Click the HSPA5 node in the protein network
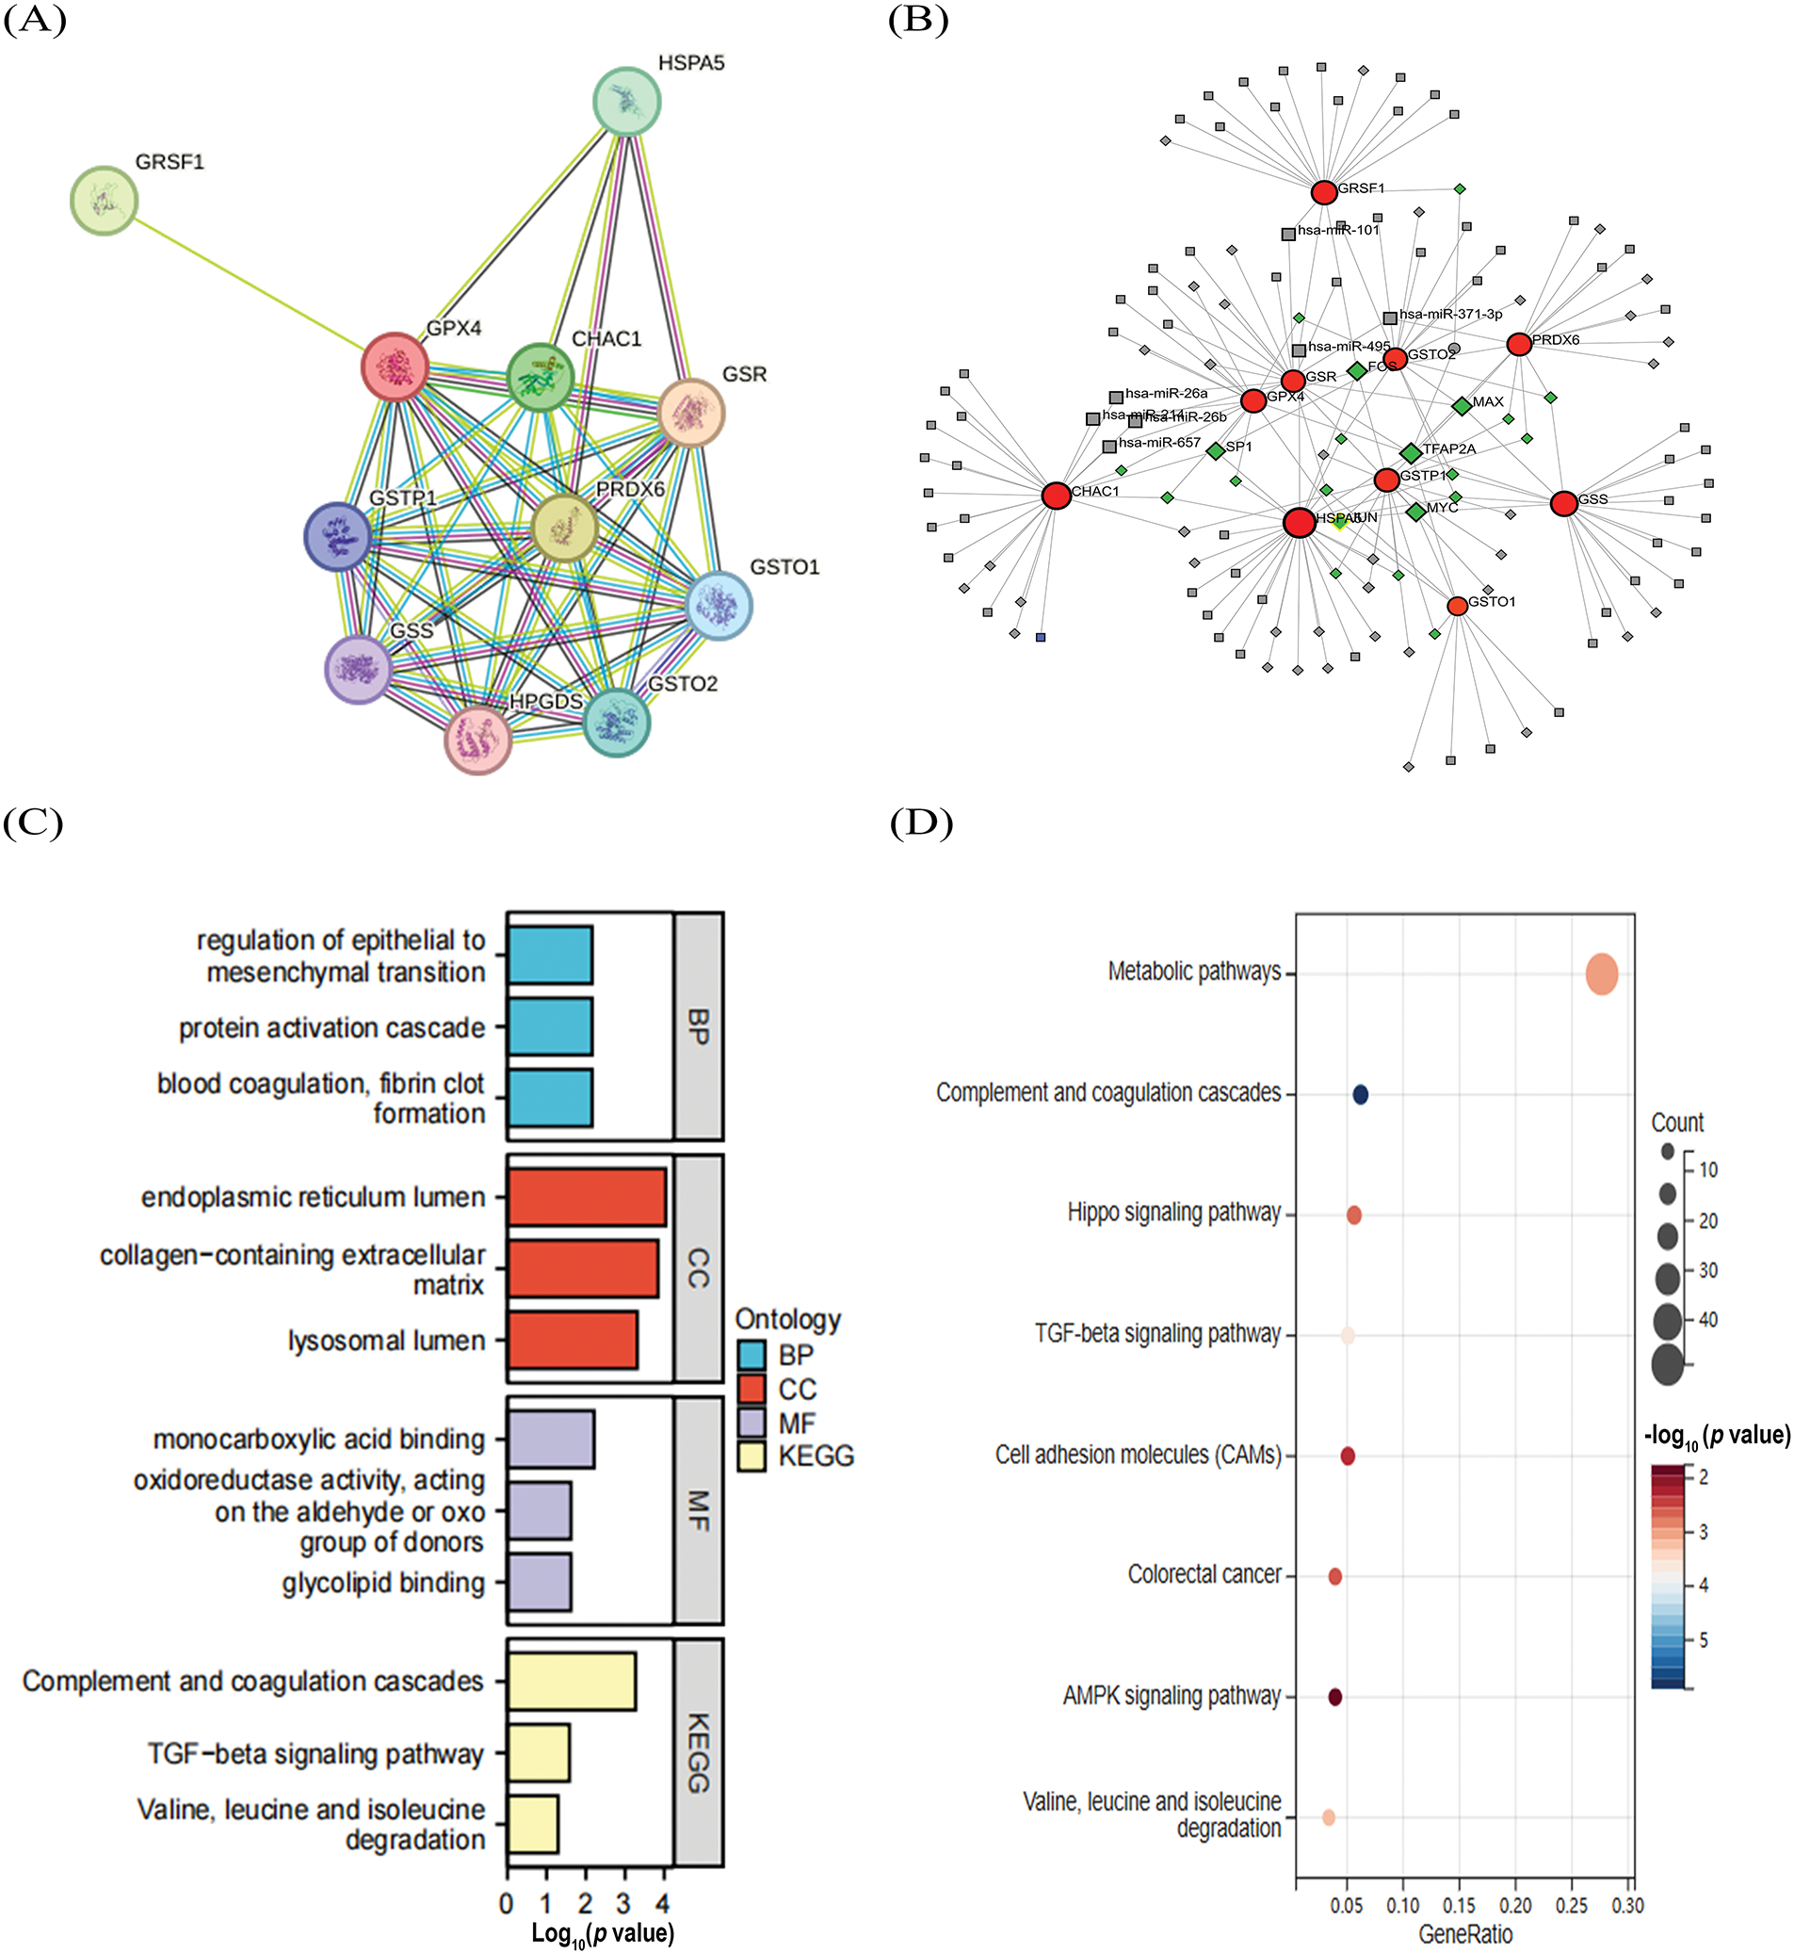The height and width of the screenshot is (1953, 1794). tap(627, 101)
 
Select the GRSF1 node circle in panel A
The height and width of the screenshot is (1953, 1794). tap(104, 201)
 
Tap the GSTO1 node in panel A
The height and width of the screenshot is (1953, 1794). tap(719, 606)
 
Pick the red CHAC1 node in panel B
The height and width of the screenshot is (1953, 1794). tap(1057, 496)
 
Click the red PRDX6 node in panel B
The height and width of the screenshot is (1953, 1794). tap(1519, 344)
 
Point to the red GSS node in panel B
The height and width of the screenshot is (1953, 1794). tap(1564, 503)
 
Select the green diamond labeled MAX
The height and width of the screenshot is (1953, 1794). tap(1462, 405)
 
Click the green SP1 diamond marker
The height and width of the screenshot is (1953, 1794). tap(1216, 450)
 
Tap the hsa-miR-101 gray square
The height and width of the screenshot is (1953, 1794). tap(1288, 234)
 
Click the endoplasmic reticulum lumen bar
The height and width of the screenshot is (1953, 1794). tap(587, 1197)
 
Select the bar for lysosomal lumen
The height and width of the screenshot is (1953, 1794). tap(573, 1341)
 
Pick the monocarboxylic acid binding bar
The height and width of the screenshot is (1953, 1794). tap(550, 1440)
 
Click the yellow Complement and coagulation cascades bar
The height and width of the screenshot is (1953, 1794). tap(571, 1681)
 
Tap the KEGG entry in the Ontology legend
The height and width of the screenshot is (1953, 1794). tap(752, 1457)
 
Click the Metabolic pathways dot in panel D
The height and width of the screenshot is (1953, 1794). tap(1602, 974)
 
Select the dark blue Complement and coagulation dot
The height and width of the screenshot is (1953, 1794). tap(1360, 1095)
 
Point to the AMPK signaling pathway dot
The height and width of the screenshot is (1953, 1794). tap(1334, 1697)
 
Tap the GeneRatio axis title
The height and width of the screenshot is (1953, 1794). tap(1465, 1934)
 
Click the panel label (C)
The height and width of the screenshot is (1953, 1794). tap(33, 823)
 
